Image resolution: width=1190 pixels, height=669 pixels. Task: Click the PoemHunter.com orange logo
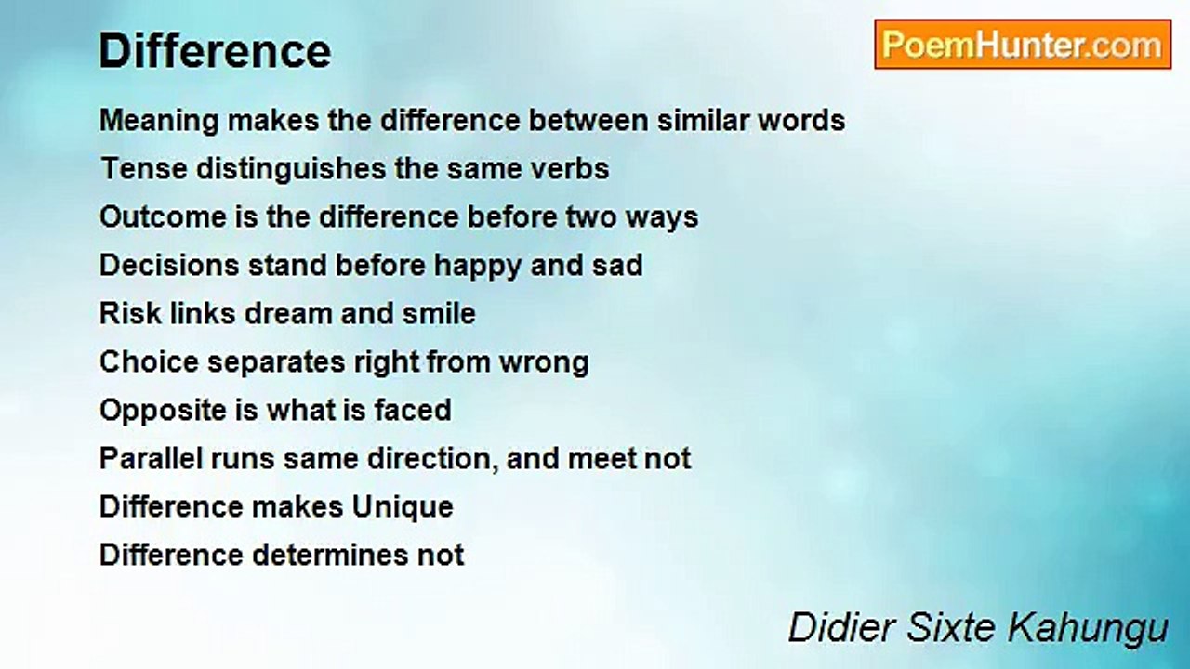1023,45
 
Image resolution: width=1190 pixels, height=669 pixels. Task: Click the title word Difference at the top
215,51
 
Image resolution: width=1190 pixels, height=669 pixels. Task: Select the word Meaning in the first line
159,122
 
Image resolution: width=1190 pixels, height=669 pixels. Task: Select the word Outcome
163,216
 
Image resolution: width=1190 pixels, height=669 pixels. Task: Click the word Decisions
169,265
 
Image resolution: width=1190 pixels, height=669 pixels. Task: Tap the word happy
478,267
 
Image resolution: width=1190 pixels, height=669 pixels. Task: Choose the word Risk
130,313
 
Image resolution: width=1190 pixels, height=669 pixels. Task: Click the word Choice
149,361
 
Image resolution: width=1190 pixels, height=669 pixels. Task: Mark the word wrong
544,363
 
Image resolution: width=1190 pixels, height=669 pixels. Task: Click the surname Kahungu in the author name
1088,629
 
